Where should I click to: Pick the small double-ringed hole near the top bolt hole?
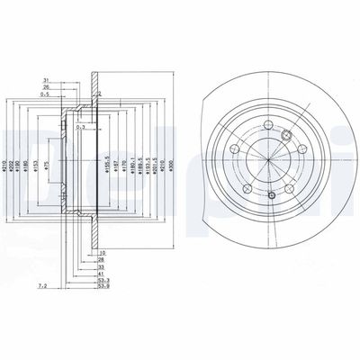pyautogui.click(x=287, y=136)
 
